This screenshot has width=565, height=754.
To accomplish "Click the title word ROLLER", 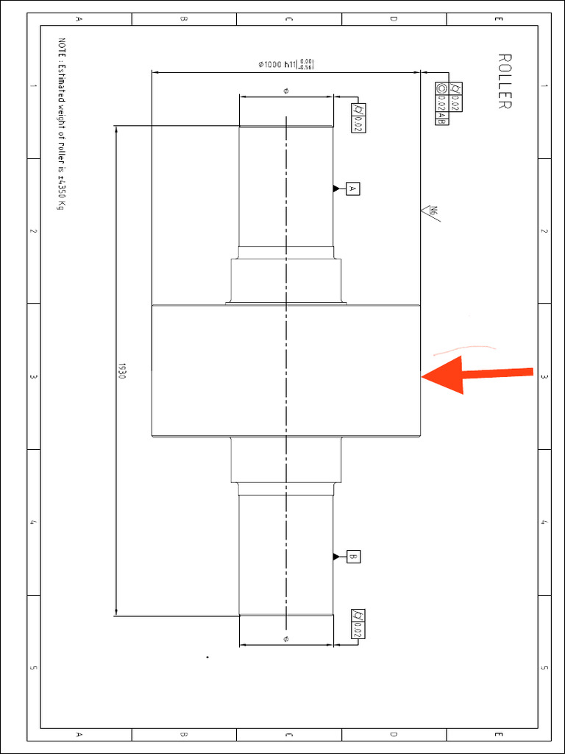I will click(x=504, y=81).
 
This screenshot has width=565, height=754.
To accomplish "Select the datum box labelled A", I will click(x=352, y=189).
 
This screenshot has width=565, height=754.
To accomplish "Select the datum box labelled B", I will click(x=352, y=557).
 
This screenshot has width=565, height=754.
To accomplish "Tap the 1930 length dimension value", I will click(x=122, y=370).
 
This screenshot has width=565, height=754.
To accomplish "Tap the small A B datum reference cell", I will click(x=442, y=116).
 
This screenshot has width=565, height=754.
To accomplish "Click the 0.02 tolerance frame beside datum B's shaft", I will click(x=358, y=625).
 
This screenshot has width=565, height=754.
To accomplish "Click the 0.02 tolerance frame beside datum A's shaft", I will click(x=358, y=118).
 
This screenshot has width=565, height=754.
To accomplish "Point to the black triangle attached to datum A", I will click(x=337, y=189).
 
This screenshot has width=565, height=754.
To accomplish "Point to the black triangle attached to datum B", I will click(x=337, y=557).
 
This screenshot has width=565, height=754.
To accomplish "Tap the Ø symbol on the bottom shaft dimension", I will click(x=285, y=638).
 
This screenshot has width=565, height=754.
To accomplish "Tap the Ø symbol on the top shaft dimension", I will click(x=285, y=91).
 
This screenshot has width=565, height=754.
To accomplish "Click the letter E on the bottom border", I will click(x=499, y=734).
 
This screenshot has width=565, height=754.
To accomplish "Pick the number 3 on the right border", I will click(x=544, y=377).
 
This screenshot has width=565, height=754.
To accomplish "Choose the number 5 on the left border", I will click(x=33, y=668).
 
